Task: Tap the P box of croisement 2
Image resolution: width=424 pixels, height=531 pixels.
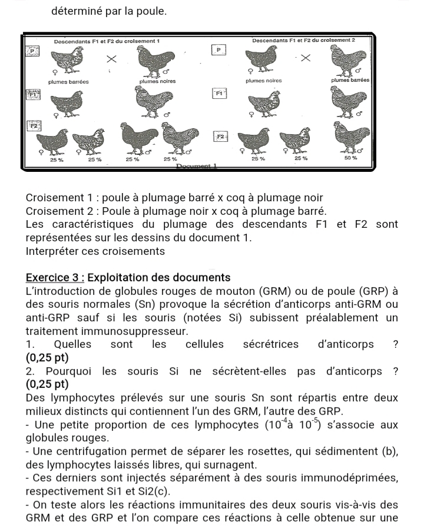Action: point(219,51)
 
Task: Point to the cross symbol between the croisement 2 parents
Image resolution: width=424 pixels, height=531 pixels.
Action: point(304,58)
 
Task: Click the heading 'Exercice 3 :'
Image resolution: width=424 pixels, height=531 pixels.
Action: point(55,277)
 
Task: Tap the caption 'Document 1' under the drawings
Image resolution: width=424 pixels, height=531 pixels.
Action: point(198,167)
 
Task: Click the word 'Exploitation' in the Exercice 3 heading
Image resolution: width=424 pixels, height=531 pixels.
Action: point(120,277)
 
